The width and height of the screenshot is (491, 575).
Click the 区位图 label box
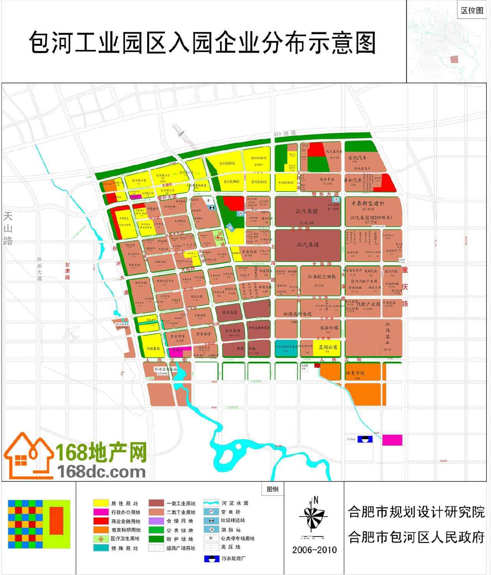coord(472,10)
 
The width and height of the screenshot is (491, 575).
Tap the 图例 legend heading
coord(273,489)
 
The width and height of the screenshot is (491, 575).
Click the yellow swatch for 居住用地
coord(101,503)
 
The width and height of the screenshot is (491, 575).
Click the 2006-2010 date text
coord(315,550)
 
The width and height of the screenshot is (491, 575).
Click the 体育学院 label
coord(355,373)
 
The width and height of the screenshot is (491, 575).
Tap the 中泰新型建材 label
coord(367,203)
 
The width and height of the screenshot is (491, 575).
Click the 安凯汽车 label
coord(358,157)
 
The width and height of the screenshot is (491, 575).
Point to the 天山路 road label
coord(8,229)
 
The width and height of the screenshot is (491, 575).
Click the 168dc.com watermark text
coord(102,472)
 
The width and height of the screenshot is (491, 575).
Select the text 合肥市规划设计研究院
coord(417,512)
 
